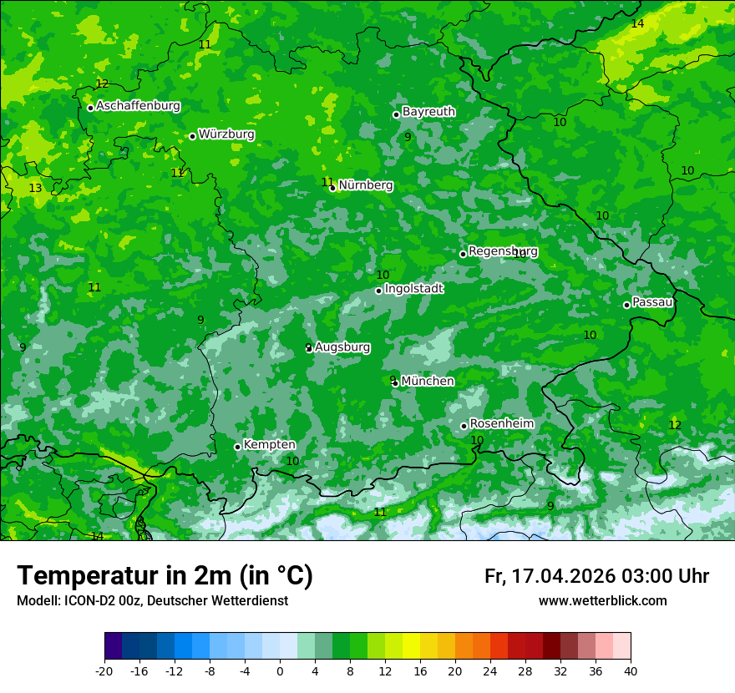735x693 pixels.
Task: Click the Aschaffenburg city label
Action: point(138,106)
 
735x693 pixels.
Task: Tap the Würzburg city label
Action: point(226,134)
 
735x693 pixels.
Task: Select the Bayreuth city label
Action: point(428,112)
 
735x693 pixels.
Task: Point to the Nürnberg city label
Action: point(365,185)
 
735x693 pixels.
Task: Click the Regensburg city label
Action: point(503,251)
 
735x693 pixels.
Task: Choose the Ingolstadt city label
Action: point(413,289)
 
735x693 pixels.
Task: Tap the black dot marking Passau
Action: point(626,305)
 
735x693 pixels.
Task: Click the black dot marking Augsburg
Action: point(309,348)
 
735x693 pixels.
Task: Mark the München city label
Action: point(428,382)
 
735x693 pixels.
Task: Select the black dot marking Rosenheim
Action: point(464,426)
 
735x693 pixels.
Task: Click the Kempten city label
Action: point(269,445)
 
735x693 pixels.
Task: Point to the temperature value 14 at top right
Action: point(637,24)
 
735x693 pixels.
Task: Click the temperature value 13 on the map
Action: point(35,189)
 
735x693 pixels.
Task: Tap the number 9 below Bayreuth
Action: point(408,137)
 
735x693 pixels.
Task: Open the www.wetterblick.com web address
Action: point(602,601)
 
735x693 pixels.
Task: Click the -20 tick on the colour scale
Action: point(104,671)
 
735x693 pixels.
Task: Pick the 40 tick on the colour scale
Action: point(631,671)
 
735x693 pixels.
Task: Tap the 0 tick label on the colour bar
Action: point(280,671)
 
